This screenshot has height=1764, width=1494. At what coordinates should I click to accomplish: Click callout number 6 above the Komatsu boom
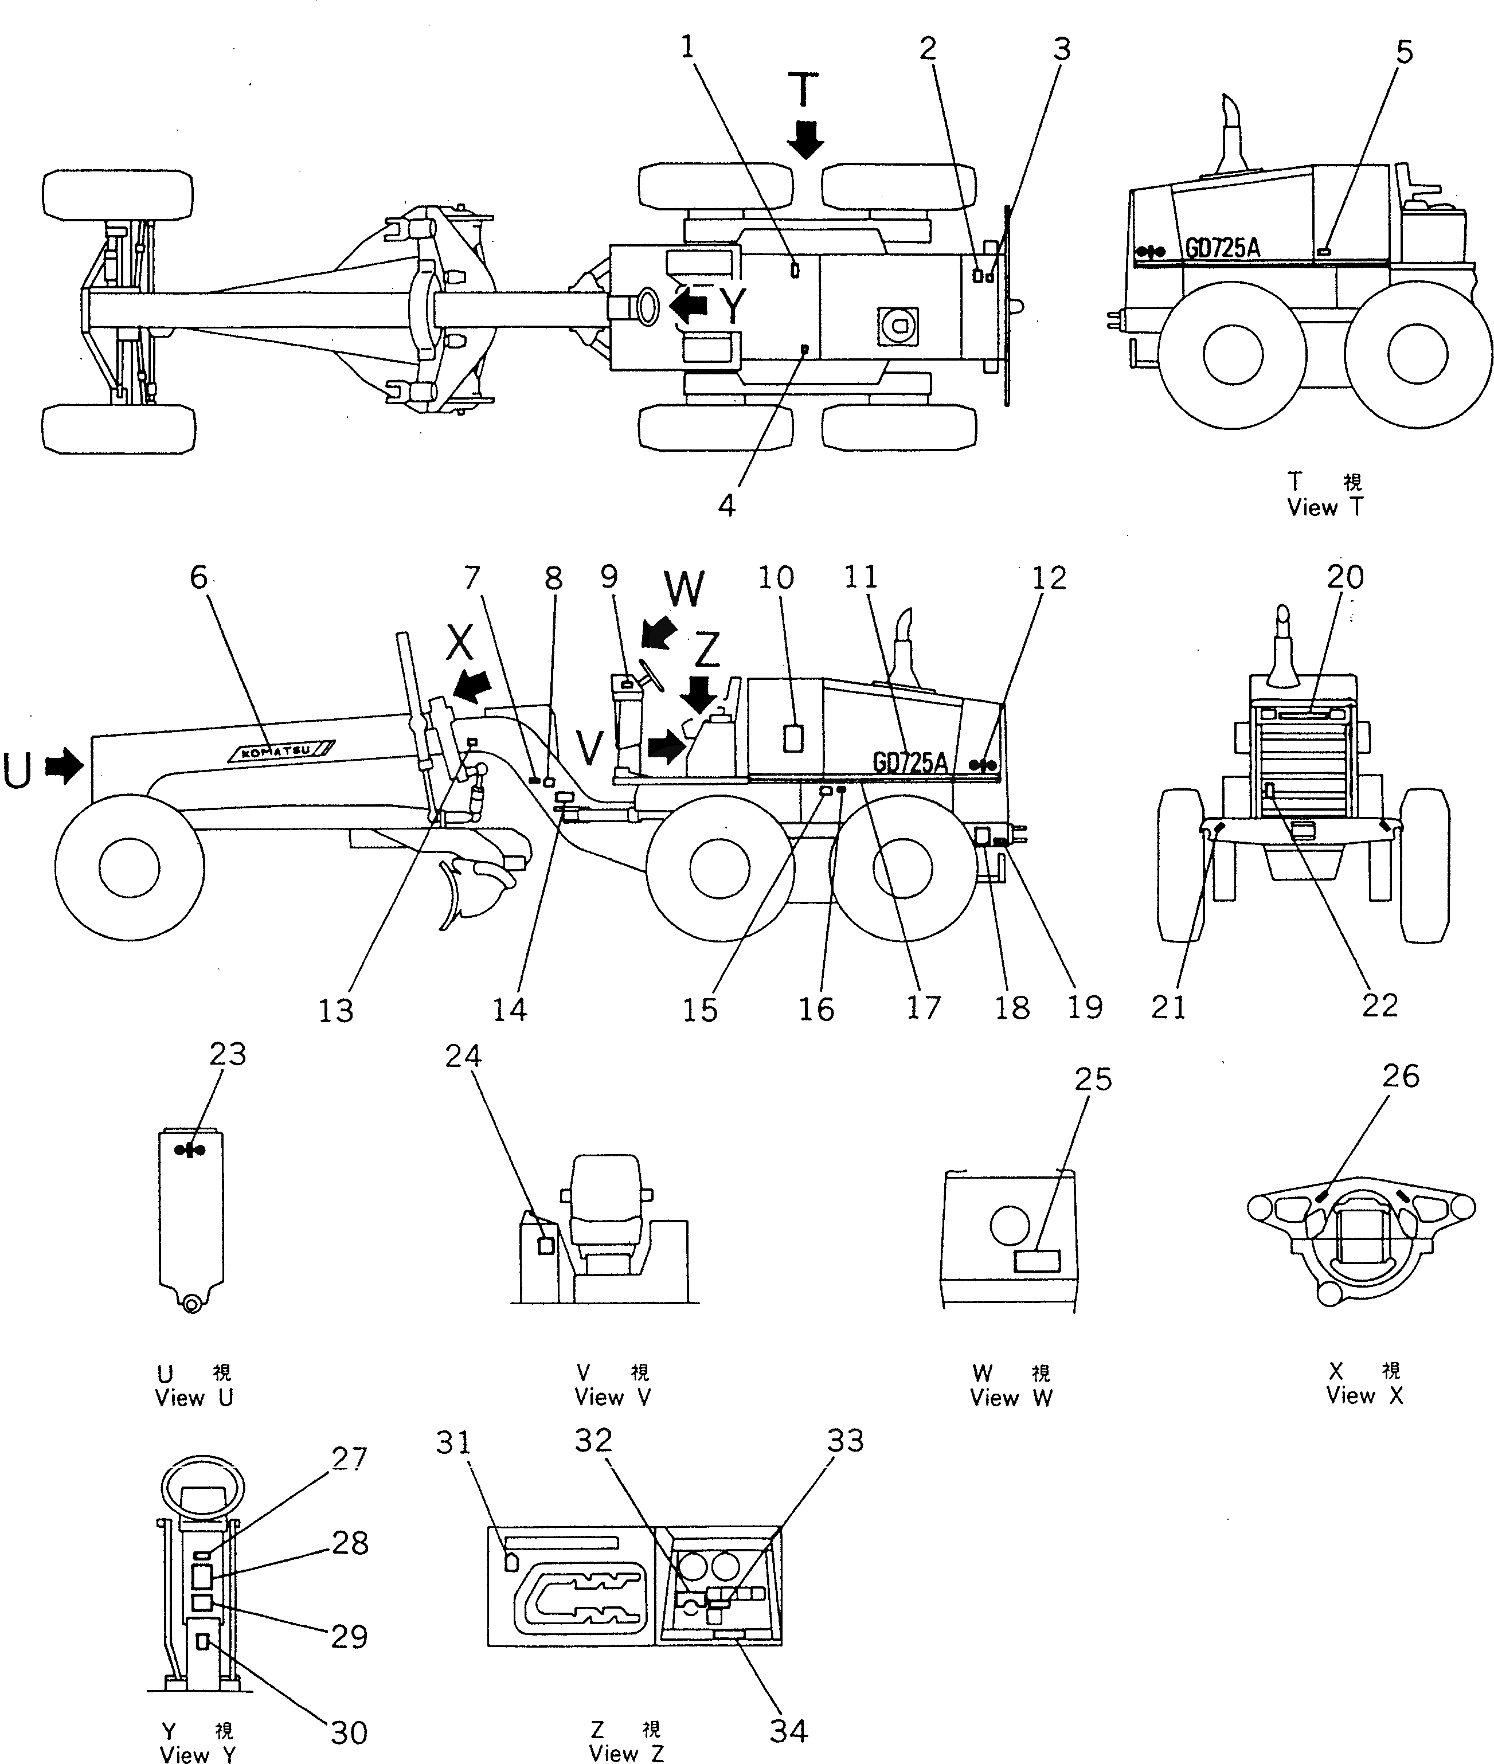[x=198, y=577]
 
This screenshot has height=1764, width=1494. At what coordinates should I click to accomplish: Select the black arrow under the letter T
[x=805, y=139]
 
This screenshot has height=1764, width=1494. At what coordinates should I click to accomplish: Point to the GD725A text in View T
[x=1221, y=248]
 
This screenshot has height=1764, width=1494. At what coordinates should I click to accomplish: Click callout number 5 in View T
[x=1404, y=53]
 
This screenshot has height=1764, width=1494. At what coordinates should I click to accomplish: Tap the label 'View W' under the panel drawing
[x=1010, y=1398]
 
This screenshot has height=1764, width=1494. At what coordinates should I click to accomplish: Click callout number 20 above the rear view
[x=1345, y=577]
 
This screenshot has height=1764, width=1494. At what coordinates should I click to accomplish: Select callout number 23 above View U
[x=228, y=1054]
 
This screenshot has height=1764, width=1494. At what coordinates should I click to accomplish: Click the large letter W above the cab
[x=685, y=588]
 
